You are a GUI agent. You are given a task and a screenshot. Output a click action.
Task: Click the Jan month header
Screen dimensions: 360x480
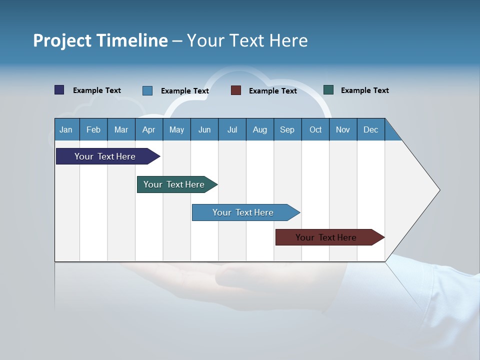click(x=66, y=129)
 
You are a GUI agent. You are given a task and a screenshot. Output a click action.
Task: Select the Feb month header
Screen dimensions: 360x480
click(x=93, y=129)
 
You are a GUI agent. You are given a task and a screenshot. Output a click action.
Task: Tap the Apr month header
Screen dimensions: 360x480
click(x=149, y=129)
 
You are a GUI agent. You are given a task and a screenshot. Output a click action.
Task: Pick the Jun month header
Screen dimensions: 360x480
click(x=204, y=129)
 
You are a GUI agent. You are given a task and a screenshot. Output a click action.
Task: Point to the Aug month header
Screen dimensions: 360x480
click(x=260, y=129)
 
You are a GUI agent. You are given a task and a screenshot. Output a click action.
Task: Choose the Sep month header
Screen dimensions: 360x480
click(x=287, y=129)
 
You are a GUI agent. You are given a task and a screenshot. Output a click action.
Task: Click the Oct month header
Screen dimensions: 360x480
click(x=315, y=129)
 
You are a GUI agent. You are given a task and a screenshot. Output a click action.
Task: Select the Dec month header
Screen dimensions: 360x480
click(x=371, y=129)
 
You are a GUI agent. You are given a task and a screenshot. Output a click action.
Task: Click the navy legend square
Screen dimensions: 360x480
click(x=59, y=90)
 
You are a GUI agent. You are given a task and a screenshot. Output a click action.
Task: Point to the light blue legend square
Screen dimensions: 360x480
click(x=147, y=90)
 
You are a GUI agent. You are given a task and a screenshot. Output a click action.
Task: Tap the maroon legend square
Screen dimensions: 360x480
click(x=236, y=90)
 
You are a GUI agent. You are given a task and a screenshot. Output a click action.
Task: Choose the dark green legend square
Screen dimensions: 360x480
click(x=328, y=90)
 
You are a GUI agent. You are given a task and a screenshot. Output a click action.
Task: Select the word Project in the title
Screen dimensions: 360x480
click(x=61, y=40)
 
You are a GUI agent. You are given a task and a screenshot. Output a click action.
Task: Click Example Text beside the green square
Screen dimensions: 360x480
click(x=365, y=90)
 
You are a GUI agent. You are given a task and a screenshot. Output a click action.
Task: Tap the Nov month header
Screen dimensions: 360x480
click(x=343, y=129)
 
